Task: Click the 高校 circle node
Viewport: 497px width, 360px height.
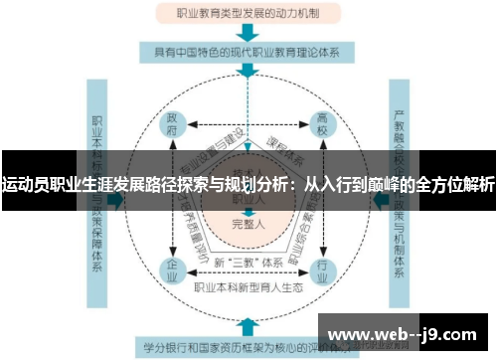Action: (x=322, y=127)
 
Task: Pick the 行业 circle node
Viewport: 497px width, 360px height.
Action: (x=322, y=268)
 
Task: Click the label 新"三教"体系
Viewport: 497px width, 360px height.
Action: (x=246, y=262)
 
